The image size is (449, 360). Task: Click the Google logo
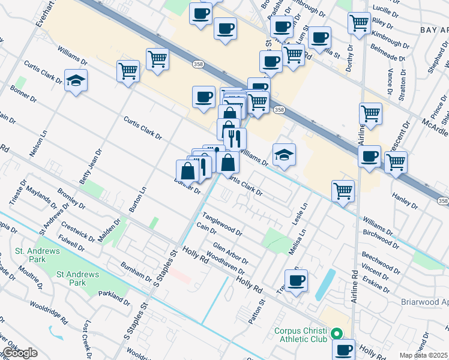tap(20, 353)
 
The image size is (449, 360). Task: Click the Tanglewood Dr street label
tap(221, 223)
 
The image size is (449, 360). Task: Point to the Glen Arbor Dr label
tap(231, 252)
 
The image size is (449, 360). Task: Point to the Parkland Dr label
tap(111, 296)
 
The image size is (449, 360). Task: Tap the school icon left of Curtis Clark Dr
tap(76, 81)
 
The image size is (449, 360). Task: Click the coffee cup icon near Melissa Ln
tap(295, 280)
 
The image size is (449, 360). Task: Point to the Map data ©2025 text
tap(424, 355)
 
